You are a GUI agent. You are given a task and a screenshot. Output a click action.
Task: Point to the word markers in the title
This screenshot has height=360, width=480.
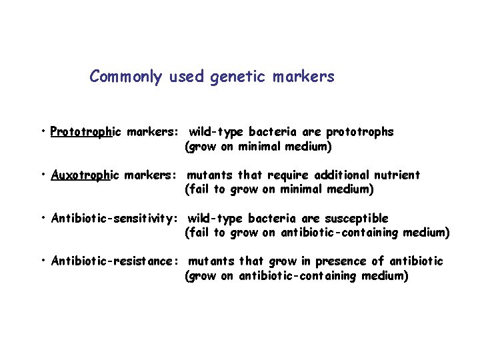tap(303, 77)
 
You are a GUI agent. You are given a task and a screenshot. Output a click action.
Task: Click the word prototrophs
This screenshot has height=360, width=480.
tap(361, 132)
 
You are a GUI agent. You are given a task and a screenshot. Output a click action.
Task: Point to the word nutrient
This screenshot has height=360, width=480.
tap(397, 175)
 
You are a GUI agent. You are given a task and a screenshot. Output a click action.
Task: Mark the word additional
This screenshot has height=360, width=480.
tap(335, 175)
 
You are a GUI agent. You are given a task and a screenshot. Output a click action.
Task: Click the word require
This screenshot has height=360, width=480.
tap(288, 175)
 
